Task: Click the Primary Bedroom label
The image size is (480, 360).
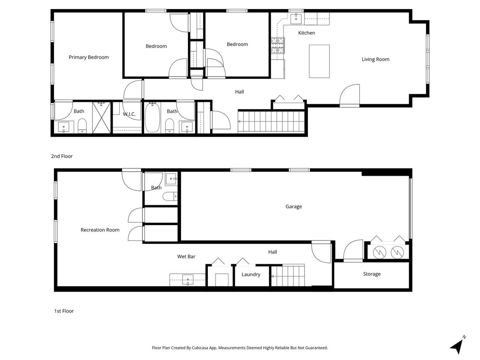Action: click(88, 57)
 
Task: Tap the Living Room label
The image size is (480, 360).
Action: click(375, 59)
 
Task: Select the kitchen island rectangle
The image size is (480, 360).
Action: click(319, 61)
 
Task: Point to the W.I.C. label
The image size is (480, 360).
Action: click(129, 114)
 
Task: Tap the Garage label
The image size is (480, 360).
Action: click(294, 207)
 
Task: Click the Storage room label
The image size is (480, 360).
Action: click(372, 274)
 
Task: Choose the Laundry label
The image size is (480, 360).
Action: click(251, 274)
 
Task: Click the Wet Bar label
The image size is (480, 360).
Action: click(186, 257)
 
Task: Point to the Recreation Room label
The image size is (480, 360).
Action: click(100, 230)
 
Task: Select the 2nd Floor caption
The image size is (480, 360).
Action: click(62, 156)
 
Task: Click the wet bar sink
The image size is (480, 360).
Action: click(187, 279)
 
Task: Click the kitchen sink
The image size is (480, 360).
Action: click(297, 17)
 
